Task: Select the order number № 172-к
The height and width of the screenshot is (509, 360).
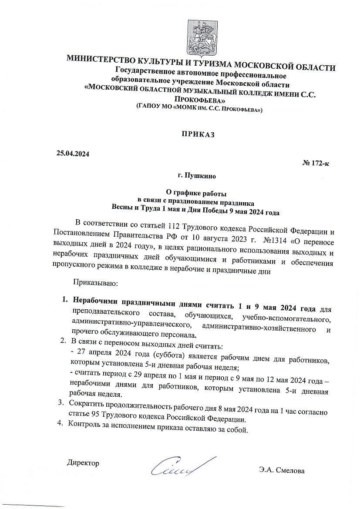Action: [316, 163]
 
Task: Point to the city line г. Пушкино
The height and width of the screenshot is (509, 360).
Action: [197, 176]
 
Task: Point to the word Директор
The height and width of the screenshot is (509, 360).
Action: [83, 462]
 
